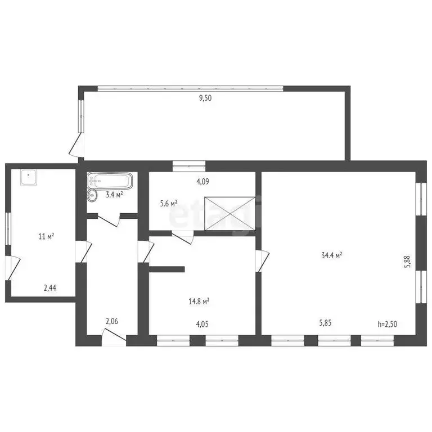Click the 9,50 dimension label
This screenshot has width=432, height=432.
(x=205, y=98)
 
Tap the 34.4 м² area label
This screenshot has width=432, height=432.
(x=332, y=255)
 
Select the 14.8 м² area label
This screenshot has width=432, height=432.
(x=199, y=301)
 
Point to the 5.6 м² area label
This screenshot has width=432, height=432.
(x=169, y=204)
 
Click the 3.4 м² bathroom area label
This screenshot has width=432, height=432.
(x=114, y=195)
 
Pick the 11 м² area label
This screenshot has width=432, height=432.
(x=46, y=236)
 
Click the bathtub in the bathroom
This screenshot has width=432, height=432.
(x=110, y=181)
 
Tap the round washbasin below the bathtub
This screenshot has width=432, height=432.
(x=92, y=195)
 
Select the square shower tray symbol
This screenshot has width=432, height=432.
(x=28, y=177)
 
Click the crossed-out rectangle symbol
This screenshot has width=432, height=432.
(x=230, y=214)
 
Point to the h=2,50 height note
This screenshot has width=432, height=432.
(x=388, y=324)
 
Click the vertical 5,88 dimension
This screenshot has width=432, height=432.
(x=408, y=262)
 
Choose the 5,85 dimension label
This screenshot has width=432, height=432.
(x=325, y=323)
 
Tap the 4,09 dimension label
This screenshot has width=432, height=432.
(x=202, y=182)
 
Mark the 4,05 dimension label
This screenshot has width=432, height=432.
(x=202, y=324)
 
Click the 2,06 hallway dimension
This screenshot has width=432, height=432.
(x=112, y=321)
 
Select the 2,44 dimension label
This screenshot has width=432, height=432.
(x=50, y=288)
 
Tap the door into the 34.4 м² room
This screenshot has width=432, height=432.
(x=262, y=261)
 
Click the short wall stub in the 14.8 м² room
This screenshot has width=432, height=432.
(x=166, y=269)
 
